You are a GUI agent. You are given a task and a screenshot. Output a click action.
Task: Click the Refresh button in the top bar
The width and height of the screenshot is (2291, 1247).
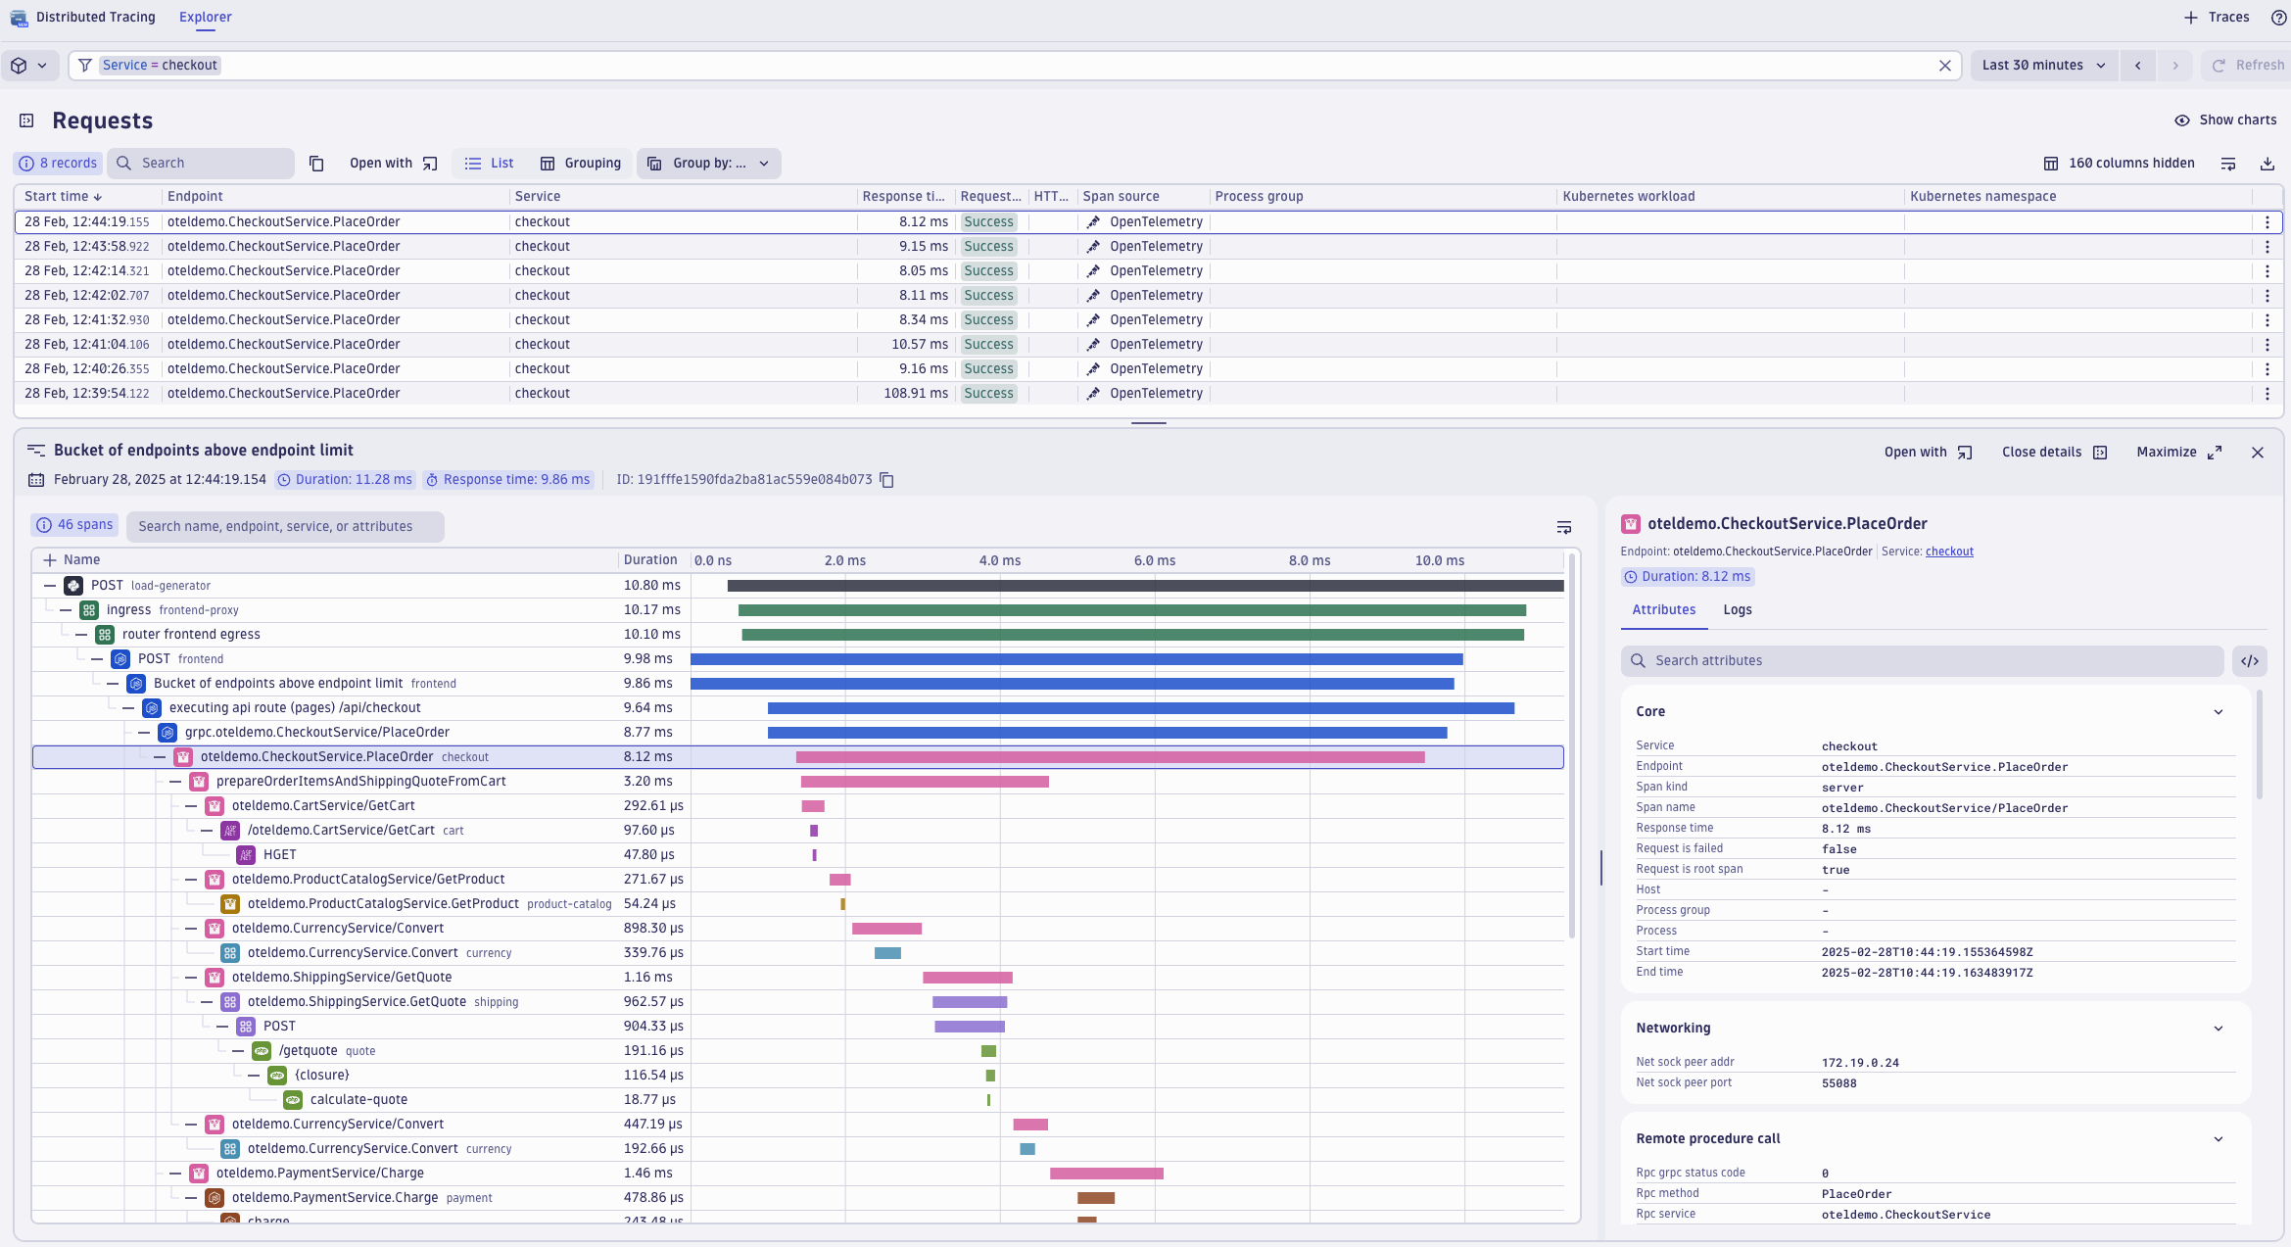[2248, 66]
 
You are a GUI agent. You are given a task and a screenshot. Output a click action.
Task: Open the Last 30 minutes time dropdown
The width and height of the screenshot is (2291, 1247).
[2043, 66]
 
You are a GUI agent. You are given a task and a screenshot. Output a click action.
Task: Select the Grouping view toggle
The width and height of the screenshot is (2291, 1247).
[581, 164]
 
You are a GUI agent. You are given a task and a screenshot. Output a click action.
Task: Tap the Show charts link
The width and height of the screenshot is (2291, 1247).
[2225, 120]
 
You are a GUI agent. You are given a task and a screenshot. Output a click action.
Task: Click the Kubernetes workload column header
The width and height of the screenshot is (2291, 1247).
[1628, 197]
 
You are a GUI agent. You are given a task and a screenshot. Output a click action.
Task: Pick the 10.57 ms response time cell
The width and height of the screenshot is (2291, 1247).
[920, 345]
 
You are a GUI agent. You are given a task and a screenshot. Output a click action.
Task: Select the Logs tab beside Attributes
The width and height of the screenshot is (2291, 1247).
[1737, 610]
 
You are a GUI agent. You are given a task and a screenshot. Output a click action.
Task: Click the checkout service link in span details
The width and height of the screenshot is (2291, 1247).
[1948, 552]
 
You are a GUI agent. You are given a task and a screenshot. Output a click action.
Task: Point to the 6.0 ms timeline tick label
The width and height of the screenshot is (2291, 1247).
[1154, 561]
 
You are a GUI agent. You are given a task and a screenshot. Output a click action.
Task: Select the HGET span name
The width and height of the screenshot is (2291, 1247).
[279, 855]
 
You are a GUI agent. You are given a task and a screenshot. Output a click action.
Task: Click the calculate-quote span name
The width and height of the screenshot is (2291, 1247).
[358, 1100]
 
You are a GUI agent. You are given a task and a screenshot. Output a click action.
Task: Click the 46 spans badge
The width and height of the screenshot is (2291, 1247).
[75, 526]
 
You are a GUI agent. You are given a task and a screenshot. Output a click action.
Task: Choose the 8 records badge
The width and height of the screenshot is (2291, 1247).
[59, 164]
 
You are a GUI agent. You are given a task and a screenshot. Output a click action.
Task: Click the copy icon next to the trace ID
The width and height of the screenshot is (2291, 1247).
[886, 480]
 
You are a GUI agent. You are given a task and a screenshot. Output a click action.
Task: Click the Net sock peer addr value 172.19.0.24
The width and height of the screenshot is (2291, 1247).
[1859, 1063]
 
